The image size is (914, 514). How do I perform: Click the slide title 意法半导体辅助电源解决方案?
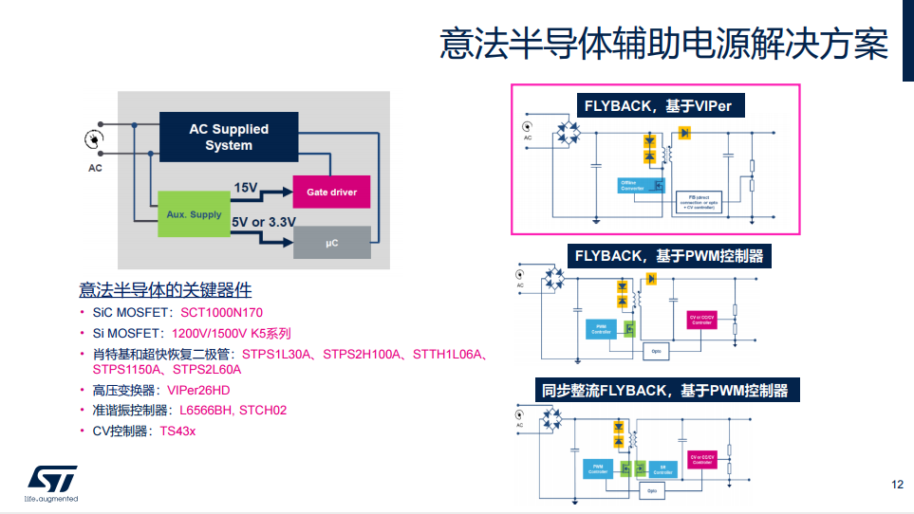pos(663,45)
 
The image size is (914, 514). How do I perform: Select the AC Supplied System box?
pos(229,137)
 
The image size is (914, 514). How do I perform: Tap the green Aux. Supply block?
pos(194,214)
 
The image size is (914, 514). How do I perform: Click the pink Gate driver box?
pos(331,193)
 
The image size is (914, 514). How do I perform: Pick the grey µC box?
pos(331,243)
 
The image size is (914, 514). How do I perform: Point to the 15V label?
pos(246,187)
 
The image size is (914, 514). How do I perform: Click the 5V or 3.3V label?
pos(264,222)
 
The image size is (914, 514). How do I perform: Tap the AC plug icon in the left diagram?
pos(94,140)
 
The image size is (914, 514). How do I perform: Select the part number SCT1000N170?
pos(221,312)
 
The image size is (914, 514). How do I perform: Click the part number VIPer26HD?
pos(198,390)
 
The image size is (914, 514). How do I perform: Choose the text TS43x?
pos(177,431)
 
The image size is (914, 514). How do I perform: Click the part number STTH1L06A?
pos(449,355)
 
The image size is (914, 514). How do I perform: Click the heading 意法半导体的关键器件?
pos(165,289)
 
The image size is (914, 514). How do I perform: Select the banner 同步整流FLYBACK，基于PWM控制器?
pos(664,390)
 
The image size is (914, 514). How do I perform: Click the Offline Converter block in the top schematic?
pos(632,185)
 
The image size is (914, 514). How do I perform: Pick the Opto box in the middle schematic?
pos(654,351)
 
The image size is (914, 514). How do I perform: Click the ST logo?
pos(47,478)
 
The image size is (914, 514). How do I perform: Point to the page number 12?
pos(897,485)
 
